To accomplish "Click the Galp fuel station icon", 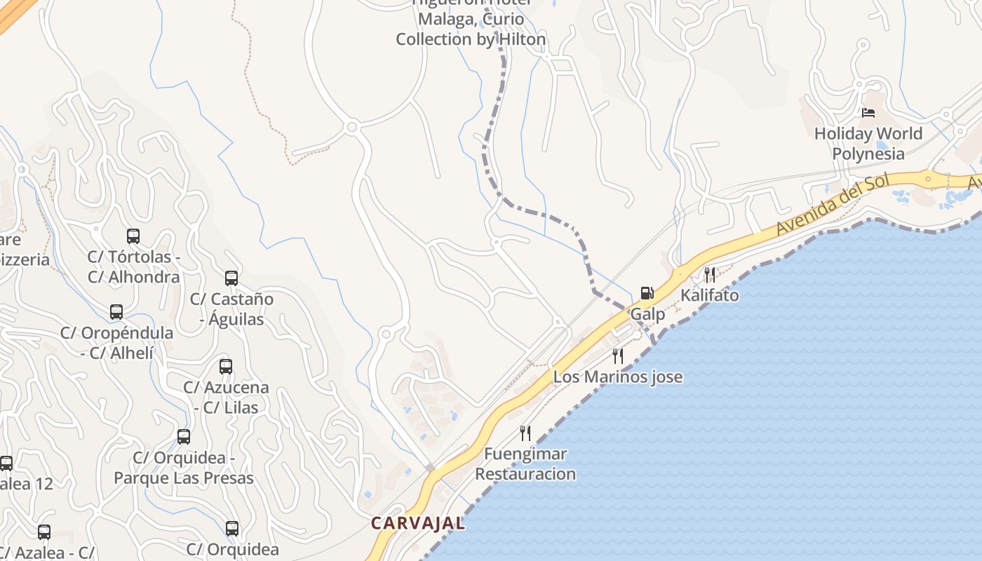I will tap(647, 293).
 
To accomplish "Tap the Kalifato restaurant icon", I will tap(710, 274).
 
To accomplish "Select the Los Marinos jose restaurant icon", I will tap(617, 356).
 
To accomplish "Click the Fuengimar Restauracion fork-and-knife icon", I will tap(525, 433).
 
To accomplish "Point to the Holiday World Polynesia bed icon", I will tap(868, 112).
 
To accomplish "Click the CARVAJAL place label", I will tap(417, 523).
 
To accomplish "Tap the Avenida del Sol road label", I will tap(833, 205).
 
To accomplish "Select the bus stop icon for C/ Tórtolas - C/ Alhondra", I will tap(133, 236).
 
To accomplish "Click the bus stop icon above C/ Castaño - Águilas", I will tap(231, 278).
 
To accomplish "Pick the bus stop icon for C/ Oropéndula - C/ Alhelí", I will tap(116, 312).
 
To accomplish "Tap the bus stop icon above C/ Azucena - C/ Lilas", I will tap(226, 367).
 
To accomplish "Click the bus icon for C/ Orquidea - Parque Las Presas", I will tap(184, 437).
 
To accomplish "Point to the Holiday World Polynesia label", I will tap(868, 143).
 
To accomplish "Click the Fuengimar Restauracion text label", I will tap(525, 464).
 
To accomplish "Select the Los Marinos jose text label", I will tap(617, 377).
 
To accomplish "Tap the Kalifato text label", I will tap(710, 295).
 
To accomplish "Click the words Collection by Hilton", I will tap(471, 39).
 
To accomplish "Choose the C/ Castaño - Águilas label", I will tap(231, 309).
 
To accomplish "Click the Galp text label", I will tap(647, 314).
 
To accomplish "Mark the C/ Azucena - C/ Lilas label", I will tap(226, 398).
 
